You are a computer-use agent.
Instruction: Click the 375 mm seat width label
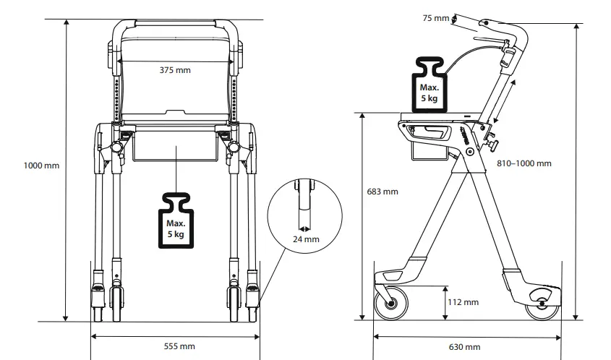(175, 70)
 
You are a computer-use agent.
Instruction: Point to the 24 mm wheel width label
(306, 239)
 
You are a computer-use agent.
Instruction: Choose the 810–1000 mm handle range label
(524, 163)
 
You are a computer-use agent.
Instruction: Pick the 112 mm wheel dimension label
(463, 301)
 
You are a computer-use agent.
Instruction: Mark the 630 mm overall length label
(465, 347)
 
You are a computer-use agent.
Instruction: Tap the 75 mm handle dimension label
(436, 17)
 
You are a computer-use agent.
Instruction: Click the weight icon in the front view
(176, 220)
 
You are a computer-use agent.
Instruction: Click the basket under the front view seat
(175, 147)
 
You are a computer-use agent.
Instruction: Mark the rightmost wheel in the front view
(254, 299)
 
